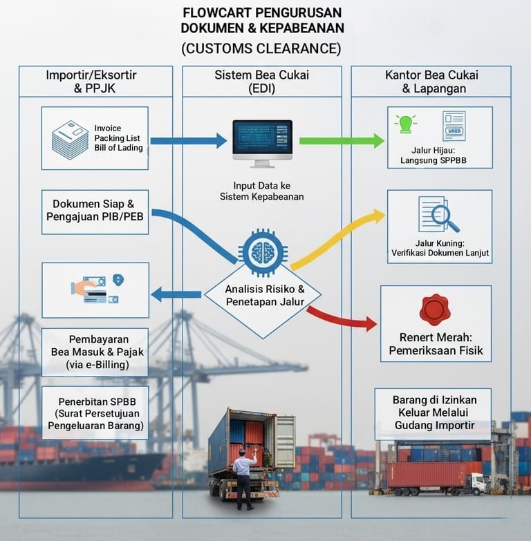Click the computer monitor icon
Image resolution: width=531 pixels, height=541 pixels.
point(262,142)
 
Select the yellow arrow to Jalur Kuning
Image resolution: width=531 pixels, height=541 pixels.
point(339,238)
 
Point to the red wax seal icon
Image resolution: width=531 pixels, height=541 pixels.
point(435,310)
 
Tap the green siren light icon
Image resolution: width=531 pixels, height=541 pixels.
point(404,124)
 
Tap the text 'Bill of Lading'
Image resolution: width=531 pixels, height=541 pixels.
point(119,148)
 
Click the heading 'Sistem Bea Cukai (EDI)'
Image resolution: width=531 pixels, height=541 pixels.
point(261,82)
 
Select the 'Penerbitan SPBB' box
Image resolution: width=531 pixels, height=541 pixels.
point(95,412)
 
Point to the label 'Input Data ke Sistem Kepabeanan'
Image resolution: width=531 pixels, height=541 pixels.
point(261,191)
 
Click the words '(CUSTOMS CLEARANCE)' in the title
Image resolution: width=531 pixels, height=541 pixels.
point(261,48)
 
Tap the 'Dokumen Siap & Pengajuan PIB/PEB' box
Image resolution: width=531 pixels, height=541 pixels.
point(95,211)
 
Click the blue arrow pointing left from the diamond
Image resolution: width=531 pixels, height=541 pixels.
point(176,295)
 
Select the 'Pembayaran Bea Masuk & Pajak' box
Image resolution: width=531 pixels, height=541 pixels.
point(95,352)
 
